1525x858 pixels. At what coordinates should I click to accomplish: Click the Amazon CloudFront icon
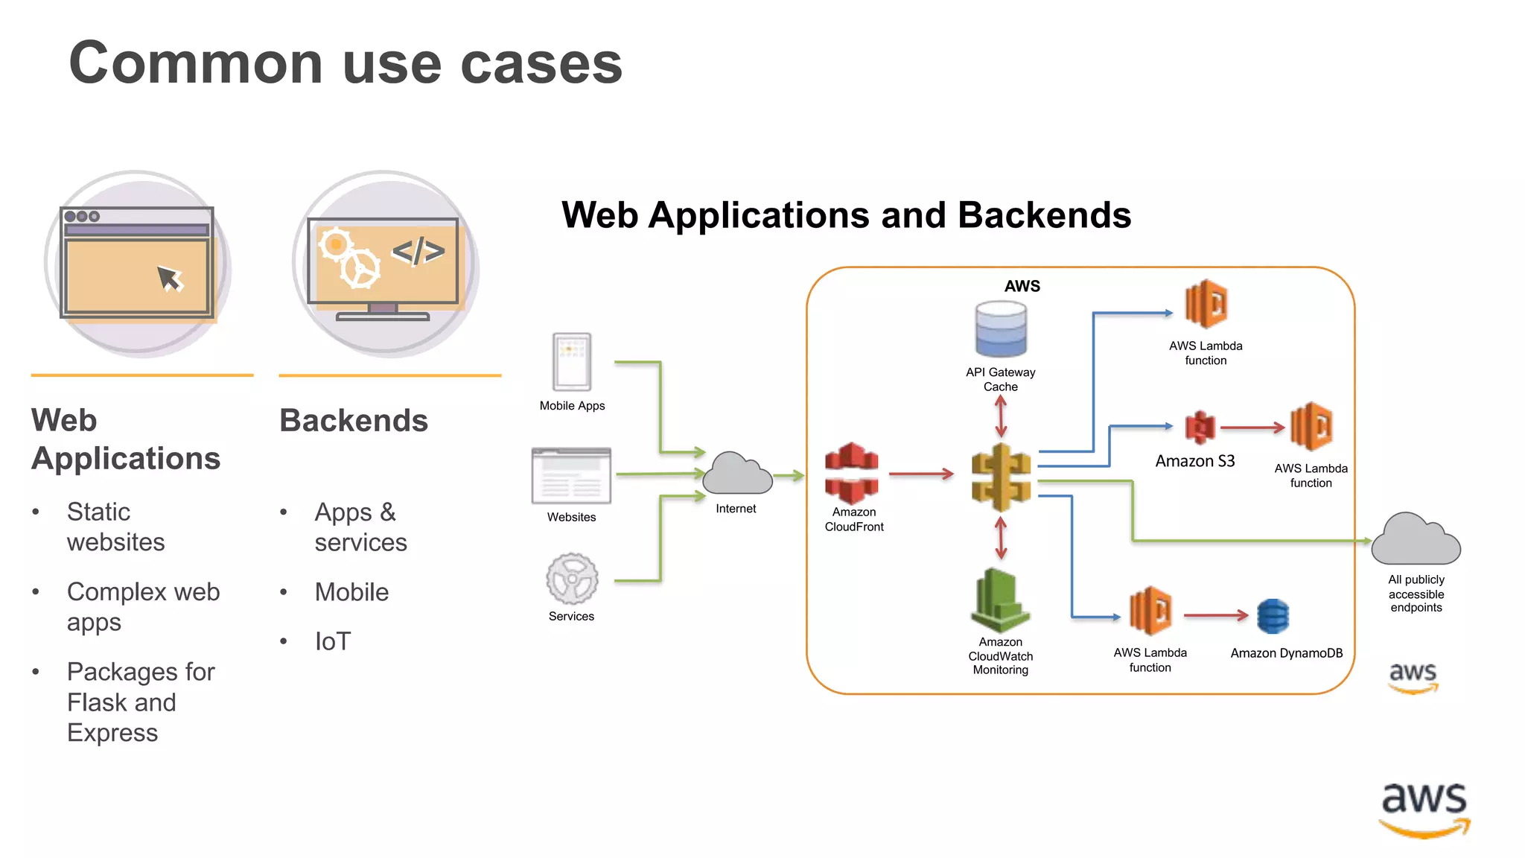click(852, 473)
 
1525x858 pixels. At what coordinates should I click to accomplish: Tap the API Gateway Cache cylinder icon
click(1001, 329)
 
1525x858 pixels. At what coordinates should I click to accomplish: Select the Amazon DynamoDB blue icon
click(1273, 616)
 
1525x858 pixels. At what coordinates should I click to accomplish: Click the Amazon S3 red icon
click(1200, 428)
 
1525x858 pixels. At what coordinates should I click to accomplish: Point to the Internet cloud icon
click(737, 474)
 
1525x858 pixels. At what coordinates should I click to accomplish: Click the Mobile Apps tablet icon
click(572, 362)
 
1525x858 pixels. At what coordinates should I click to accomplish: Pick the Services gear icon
click(572, 579)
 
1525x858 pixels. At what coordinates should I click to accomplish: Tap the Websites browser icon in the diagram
click(571, 476)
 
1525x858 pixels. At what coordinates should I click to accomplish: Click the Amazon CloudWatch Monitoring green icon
click(1000, 600)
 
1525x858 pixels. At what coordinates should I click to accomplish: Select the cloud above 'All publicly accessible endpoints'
click(1416, 539)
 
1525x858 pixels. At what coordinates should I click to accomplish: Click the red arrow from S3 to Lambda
click(1252, 428)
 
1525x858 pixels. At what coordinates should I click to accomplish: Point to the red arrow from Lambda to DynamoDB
click(1215, 615)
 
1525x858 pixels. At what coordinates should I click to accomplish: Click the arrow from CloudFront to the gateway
click(921, 474)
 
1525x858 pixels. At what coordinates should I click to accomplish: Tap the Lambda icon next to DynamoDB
click(1150, 611)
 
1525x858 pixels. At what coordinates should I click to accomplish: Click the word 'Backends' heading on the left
click(354, 420)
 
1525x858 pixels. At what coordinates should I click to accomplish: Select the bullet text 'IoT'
click(332, 641)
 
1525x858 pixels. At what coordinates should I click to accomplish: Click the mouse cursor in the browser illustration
click(170, 279)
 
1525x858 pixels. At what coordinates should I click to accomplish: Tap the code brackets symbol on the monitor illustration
click(418, 251)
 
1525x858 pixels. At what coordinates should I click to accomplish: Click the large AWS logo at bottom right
click(1424, 809)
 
